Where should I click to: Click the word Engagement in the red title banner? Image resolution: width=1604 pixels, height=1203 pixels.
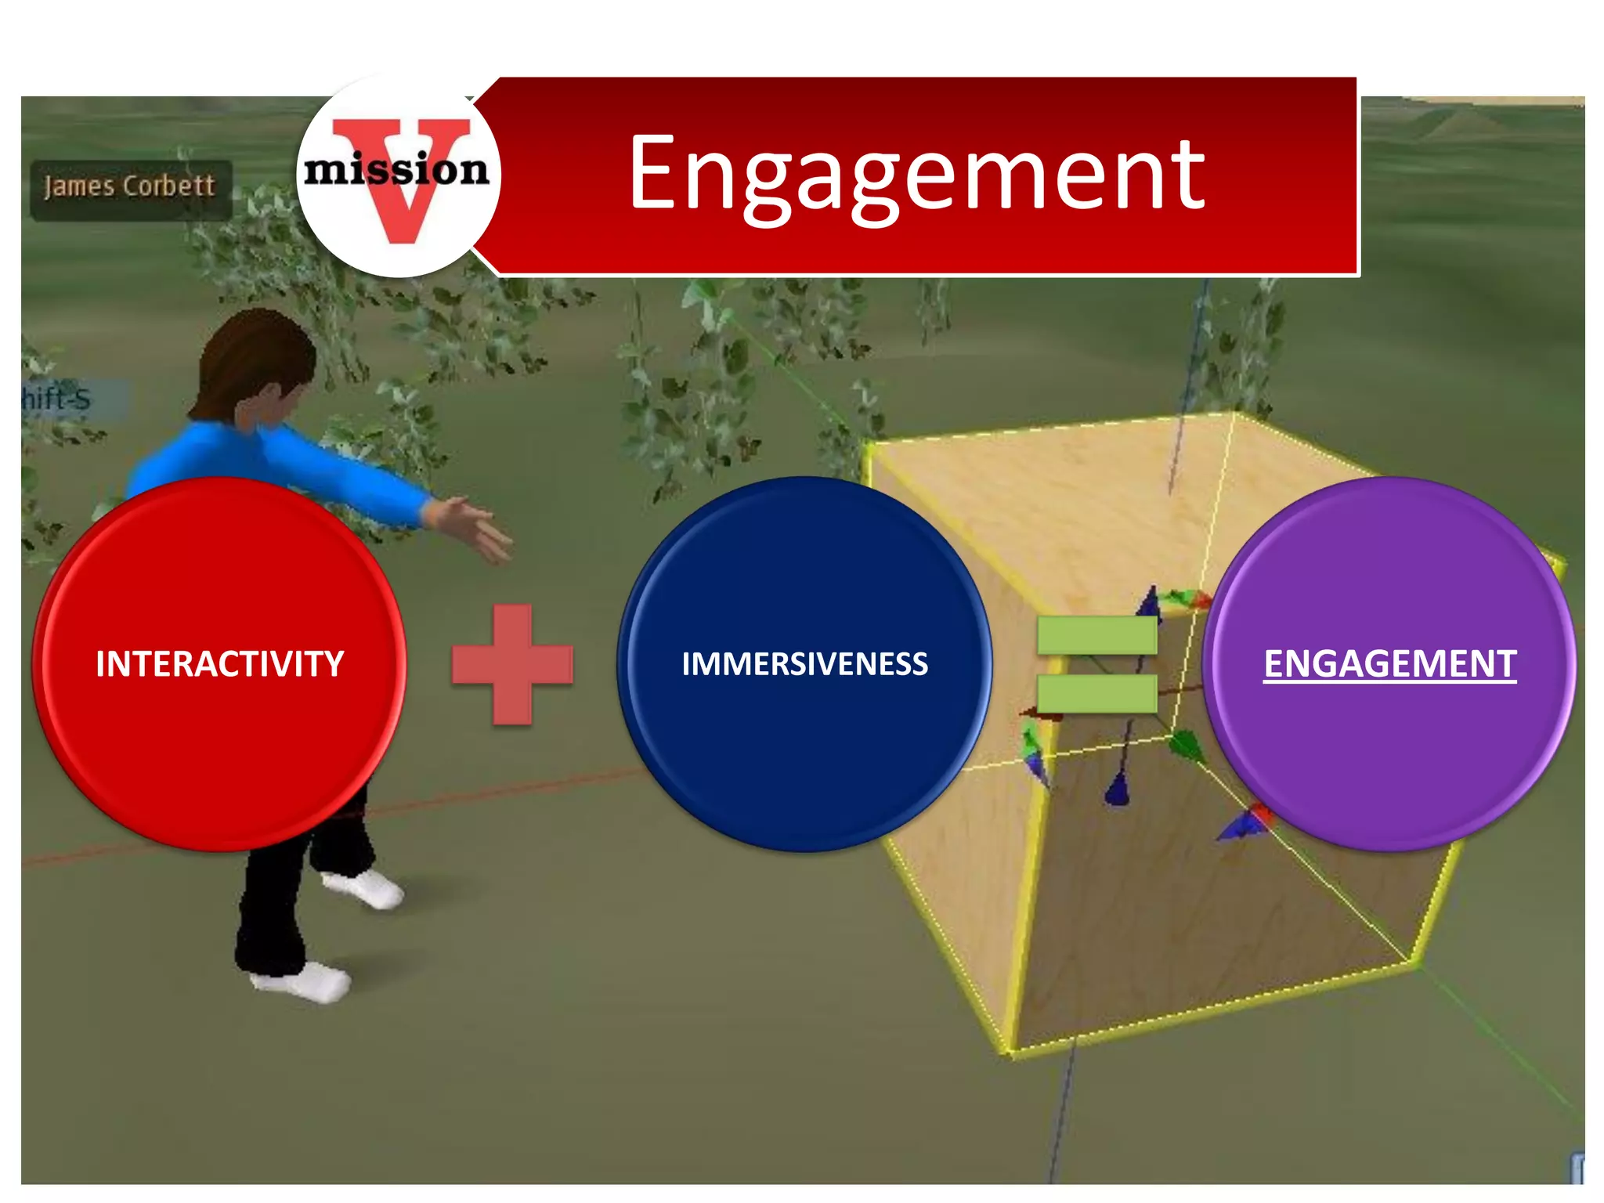[916, 174]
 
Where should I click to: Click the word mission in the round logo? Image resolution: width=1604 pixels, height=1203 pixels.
[396, 170]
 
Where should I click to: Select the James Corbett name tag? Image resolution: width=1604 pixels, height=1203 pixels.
[130, 187]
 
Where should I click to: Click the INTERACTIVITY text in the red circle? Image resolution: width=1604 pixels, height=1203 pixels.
[220, 664]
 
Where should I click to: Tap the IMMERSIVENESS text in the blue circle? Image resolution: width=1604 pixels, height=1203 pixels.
[804, 664]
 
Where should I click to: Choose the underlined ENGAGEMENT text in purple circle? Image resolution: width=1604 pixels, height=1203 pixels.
[1389, 664]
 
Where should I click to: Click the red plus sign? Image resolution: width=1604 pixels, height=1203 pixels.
[512, 664]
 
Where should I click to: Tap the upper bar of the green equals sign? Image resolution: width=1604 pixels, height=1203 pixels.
[1096, 635]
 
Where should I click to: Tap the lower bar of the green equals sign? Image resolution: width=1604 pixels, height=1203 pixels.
[1096, 694]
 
